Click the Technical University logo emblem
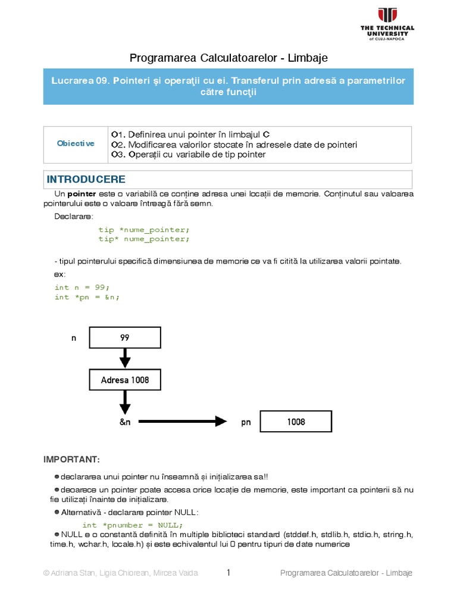click(x=387, y=15)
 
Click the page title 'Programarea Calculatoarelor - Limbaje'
click(x=228, y=58)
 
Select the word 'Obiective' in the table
click(x=76, y=144)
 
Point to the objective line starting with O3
click(x=188, y=155)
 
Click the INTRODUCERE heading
click(x=86, y=180)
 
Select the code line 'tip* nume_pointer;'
click(x=143, y=239)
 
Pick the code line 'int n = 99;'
click(x=82, y=287)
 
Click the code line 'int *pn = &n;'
click(x=87, y=297)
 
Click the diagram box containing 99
click(x=125, y=337)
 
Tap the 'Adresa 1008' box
click(x=125, y=379)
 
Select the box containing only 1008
click(x=296, y=422)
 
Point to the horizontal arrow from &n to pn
click(x=184, y=422)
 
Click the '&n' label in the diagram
click(x=125, y=422)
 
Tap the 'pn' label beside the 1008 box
click(x=246, y=422)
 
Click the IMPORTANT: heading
click(x=71, y=460)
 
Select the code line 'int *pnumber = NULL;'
click(x=133, y=525)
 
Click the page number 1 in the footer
click(x=228, y=573)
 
